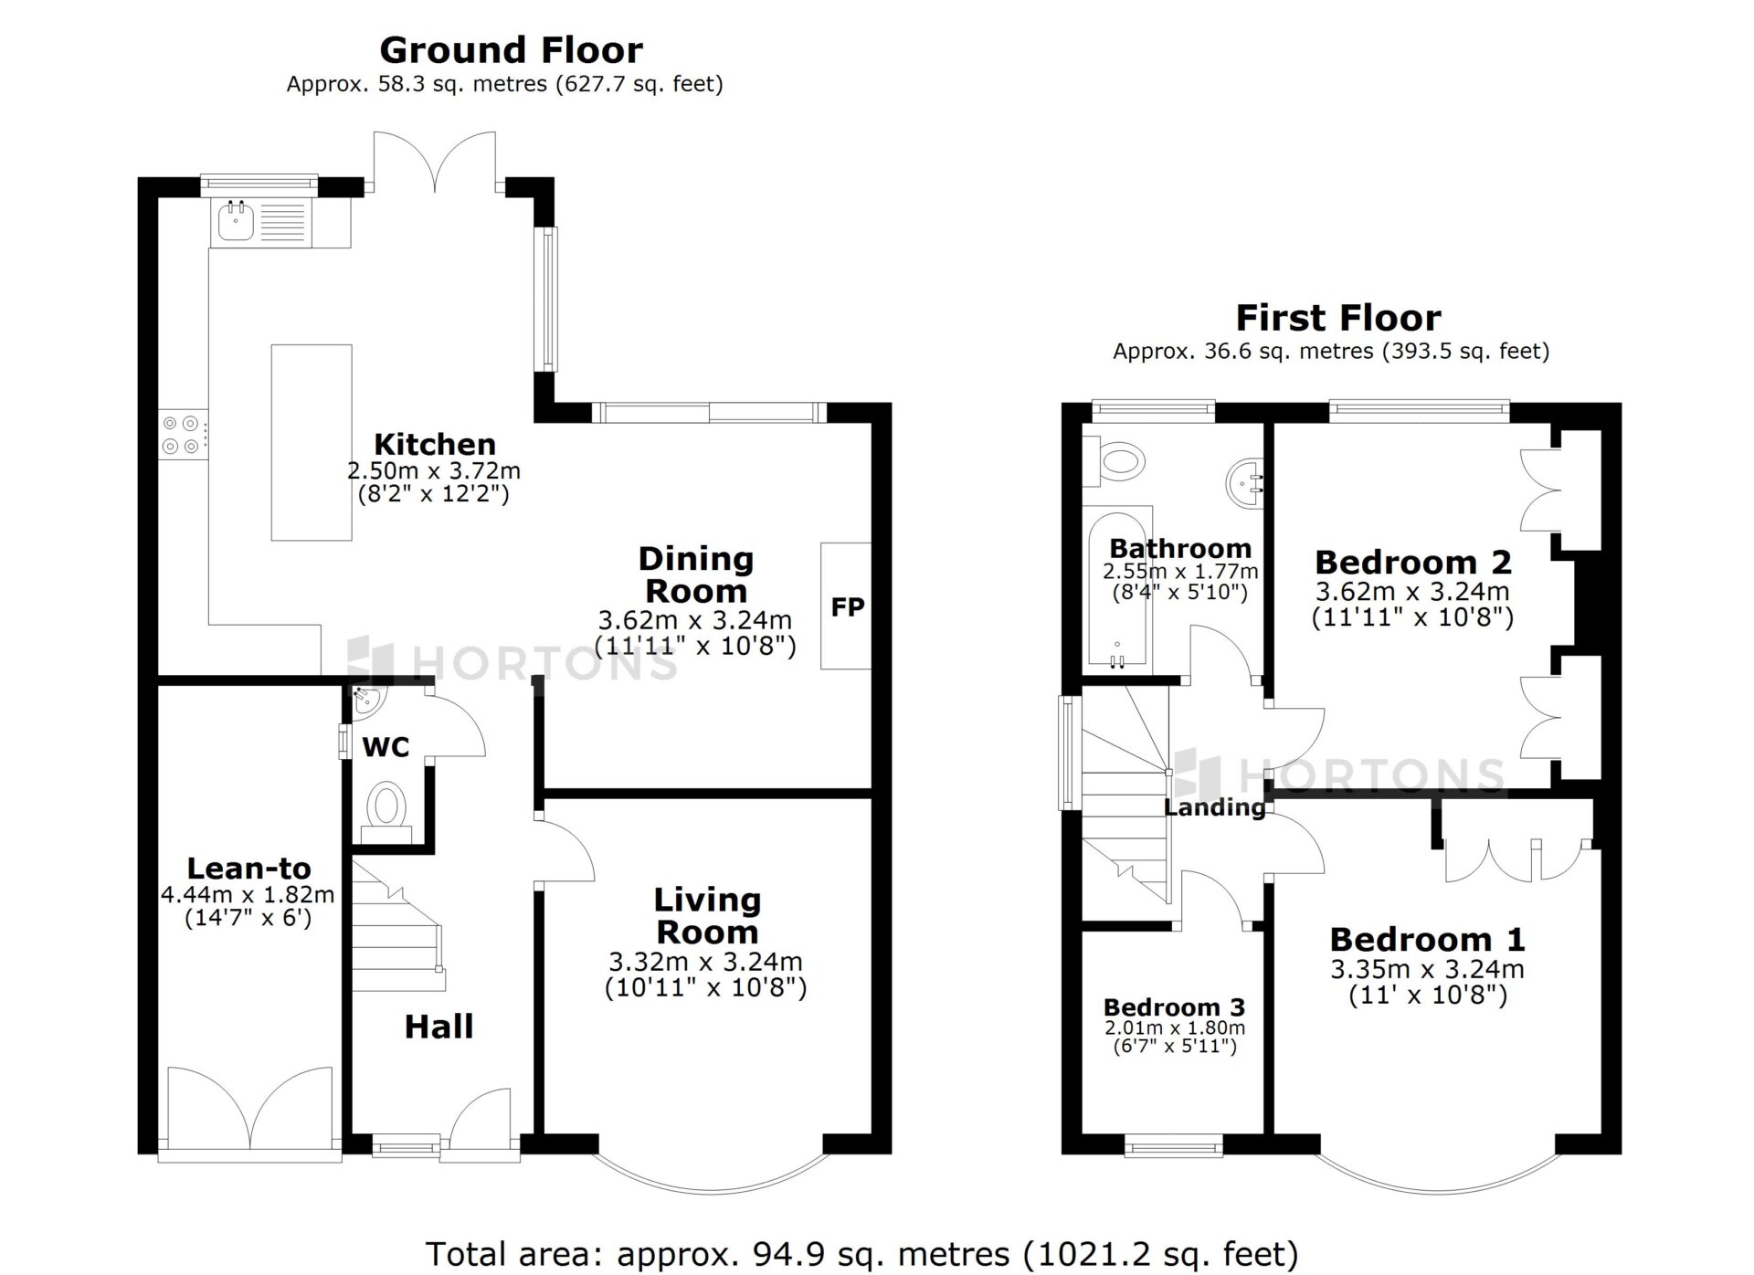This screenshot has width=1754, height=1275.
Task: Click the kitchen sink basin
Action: click(237, 222)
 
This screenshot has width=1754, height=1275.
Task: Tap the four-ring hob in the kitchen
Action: click(181, 435)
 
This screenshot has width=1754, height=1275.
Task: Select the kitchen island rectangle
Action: click(312, 442)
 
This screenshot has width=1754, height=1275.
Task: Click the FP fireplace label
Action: click(848, 607)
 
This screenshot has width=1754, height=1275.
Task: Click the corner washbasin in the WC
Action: click(368, 700)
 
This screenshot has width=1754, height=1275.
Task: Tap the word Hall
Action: click(439, 1027)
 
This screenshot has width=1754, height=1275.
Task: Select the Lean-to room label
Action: click(249, 868)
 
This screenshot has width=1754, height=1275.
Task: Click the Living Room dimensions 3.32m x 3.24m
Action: click(706, 962)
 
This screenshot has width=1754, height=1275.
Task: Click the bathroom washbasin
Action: click(1243, 478)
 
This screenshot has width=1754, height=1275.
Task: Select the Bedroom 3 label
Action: click(1174, 1007)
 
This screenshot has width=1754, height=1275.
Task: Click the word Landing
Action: click(1215, 807)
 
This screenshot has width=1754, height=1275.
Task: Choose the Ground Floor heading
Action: click(511, 49)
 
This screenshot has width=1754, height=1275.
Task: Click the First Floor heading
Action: click(1338, 318)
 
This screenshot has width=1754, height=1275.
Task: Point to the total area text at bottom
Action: click(862, 1254)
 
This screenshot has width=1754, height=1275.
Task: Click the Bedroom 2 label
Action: click(1413, 562)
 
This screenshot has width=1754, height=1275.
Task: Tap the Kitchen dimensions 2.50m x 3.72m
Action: click(434, 471)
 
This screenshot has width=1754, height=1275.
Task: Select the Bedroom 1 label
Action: click(1427, 939)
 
